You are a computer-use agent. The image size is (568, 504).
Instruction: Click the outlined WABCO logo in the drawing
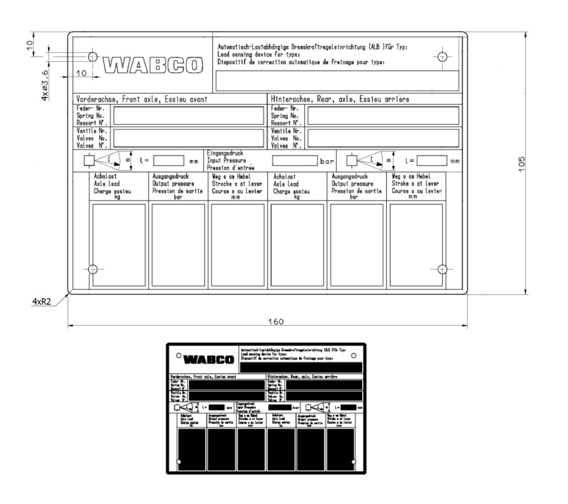(149, 64)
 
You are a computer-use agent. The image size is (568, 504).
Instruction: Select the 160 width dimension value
(274, 322)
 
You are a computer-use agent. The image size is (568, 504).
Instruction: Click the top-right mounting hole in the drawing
(442, 56)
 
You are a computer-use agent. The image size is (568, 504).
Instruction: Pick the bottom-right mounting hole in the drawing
(442, 269)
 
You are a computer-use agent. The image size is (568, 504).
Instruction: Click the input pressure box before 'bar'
(295, 161)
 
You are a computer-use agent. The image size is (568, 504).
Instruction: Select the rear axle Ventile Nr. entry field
(383, 138)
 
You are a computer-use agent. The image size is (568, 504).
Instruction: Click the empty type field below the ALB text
(338, 80)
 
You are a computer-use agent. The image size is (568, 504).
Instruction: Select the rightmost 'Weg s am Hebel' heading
(416, 176)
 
